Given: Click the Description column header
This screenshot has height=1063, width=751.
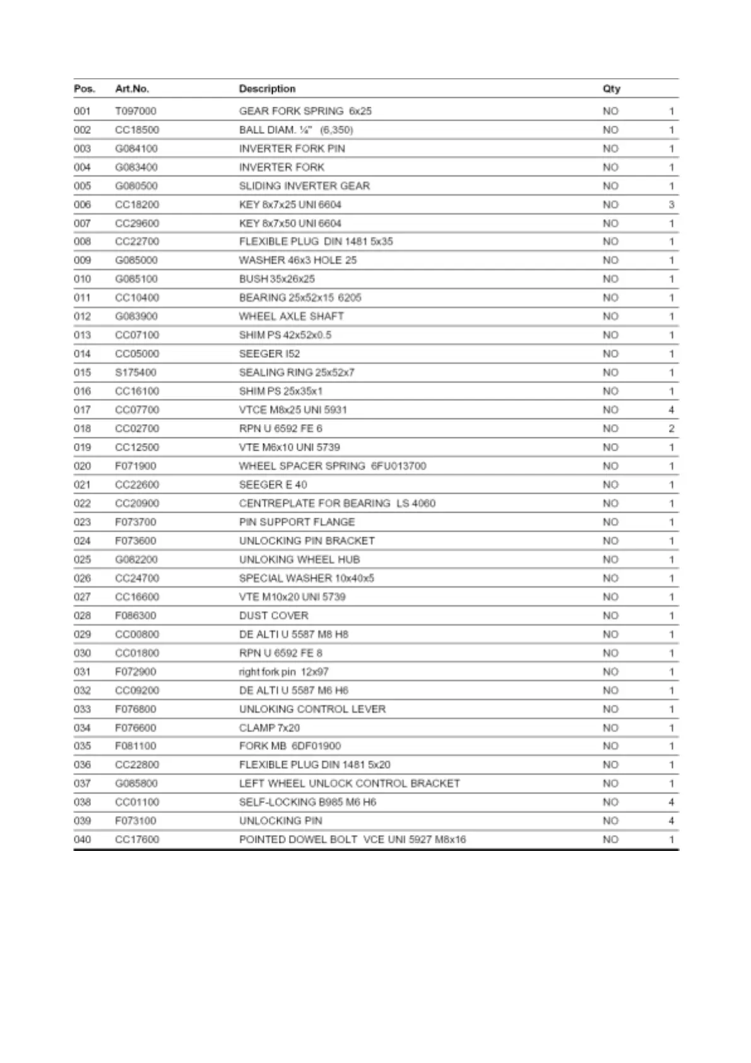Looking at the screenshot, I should (267, 89).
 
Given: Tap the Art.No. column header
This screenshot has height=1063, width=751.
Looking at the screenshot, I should (132, 89).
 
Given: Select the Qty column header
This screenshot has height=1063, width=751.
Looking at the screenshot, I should (611, 89).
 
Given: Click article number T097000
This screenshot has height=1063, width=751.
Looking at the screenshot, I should (136, 111).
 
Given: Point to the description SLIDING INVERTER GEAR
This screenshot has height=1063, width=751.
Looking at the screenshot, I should (304, 186).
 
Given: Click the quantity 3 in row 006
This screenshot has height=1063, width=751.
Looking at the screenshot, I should (671, 205).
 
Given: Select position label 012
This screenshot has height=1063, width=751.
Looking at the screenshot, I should (82, 316).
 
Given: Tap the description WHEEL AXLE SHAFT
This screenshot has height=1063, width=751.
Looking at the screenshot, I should (291, 316).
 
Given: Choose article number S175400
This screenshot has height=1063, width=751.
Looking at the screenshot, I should (136, 372).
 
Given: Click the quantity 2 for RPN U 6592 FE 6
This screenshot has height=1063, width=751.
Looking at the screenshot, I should (671, 429).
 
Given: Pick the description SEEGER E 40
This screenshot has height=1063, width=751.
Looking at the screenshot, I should (273, 485).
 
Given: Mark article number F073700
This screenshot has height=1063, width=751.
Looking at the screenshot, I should (136, 522).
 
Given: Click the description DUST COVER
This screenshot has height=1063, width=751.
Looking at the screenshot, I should (273, 615).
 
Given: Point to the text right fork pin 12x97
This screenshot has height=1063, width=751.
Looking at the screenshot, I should (283, 672).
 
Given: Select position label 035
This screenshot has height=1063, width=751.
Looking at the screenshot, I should (82, 746).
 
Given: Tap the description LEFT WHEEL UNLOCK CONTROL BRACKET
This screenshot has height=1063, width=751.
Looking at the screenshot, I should (349, 783).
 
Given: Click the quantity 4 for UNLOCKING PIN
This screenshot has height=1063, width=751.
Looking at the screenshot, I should (671, 821).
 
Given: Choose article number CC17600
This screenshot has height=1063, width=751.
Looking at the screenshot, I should (137, 840).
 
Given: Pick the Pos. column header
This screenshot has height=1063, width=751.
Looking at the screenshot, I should (84, 89).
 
